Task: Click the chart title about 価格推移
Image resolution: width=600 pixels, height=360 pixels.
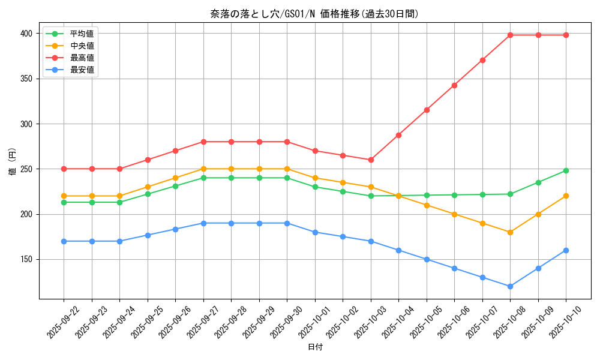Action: coord(314,14)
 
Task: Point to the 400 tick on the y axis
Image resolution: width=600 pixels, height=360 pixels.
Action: coord(27,34)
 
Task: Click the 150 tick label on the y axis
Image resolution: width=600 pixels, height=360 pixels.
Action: coord(27,259)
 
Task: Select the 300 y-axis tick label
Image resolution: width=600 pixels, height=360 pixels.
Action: coord(27,124)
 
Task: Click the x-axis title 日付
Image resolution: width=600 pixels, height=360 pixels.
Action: coord(315,347)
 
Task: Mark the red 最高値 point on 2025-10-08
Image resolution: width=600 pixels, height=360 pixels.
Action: coord(510,35)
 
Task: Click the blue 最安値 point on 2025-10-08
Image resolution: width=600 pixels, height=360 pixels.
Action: coord(510,286)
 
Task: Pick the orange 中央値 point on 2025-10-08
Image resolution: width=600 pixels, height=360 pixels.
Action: coord(510,232)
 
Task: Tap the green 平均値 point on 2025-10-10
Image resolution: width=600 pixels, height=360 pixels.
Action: coord(566,170)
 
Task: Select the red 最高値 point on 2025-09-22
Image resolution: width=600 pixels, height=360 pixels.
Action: coord(64,169)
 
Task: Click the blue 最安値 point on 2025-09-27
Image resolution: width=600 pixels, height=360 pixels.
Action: coord(203,223)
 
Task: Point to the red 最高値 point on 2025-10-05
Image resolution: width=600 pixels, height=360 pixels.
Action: coord(427,110)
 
